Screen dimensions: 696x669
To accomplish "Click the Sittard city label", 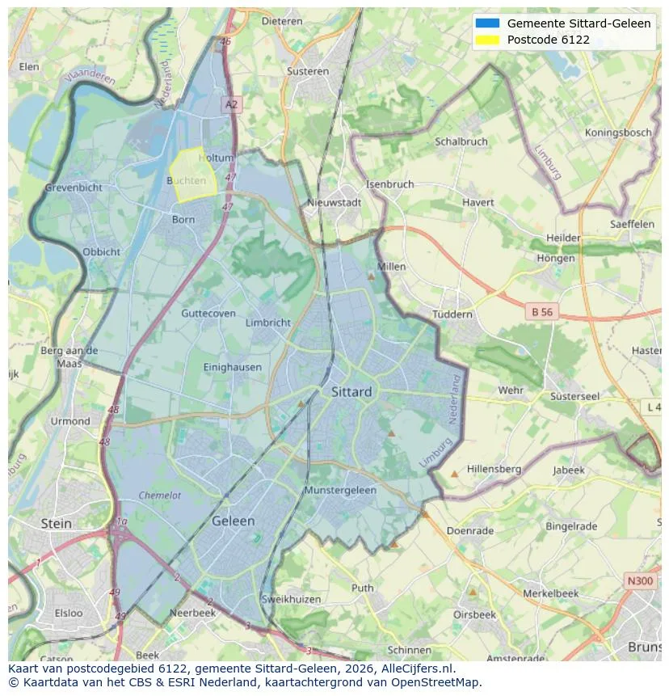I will pyautogui.click(x=351, y=392).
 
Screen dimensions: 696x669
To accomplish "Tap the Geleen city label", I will pyautogui.click(x=233, y=521).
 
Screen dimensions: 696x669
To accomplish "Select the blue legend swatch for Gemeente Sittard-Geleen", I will pyautogui.click(x=488, y=23).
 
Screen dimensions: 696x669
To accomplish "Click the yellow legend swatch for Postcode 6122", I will pyautogui.click(x=488, y=40).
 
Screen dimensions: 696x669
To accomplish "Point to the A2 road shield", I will pyautogui.click(x=232, y=104).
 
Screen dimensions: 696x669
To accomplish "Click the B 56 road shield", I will pyautogui.click(x=541, y=310).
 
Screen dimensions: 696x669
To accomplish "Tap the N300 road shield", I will pyautogui.click(x=642, y=580).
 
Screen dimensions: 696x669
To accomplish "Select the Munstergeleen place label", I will pyautogui.click(x=340, y=491).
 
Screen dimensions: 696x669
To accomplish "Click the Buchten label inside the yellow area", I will pyautogui.click(x=187, y=181).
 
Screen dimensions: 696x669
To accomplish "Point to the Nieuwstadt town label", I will pyautogui.click(x=334, y=203).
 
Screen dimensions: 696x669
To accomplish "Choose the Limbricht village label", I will pyautogui.click(x=267, y=323).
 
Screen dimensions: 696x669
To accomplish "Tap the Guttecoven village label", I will pyautogui.click(x=208, y=314).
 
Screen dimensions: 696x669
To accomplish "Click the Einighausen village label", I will pyautogui.click(x=233, y=367).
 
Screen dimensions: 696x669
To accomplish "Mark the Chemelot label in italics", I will pyautogui.click(x=159, y=496).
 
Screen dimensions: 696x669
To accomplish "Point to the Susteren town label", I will pyautogui.click(x=308, y=71).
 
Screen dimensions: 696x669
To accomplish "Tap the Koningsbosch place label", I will pyautogui.click(x=618, y=133).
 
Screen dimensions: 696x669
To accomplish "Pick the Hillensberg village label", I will pyautogui.click(x=494, y=469).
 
